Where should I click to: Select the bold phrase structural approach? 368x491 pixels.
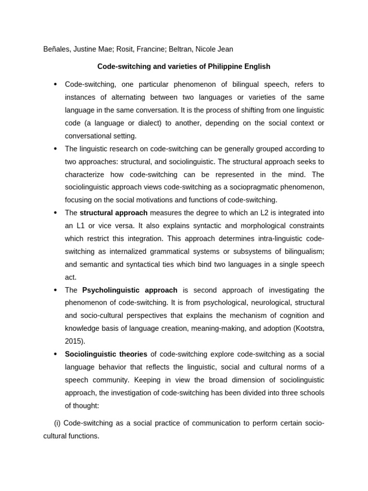(114, 213)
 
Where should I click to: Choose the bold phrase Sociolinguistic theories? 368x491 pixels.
(106, 354)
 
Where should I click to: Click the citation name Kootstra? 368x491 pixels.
(308, 328)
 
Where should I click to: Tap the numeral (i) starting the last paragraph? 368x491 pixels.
(57, 423)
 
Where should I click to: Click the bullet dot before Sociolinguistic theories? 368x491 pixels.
(55, 354)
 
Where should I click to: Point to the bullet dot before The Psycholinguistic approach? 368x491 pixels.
(55, 290)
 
